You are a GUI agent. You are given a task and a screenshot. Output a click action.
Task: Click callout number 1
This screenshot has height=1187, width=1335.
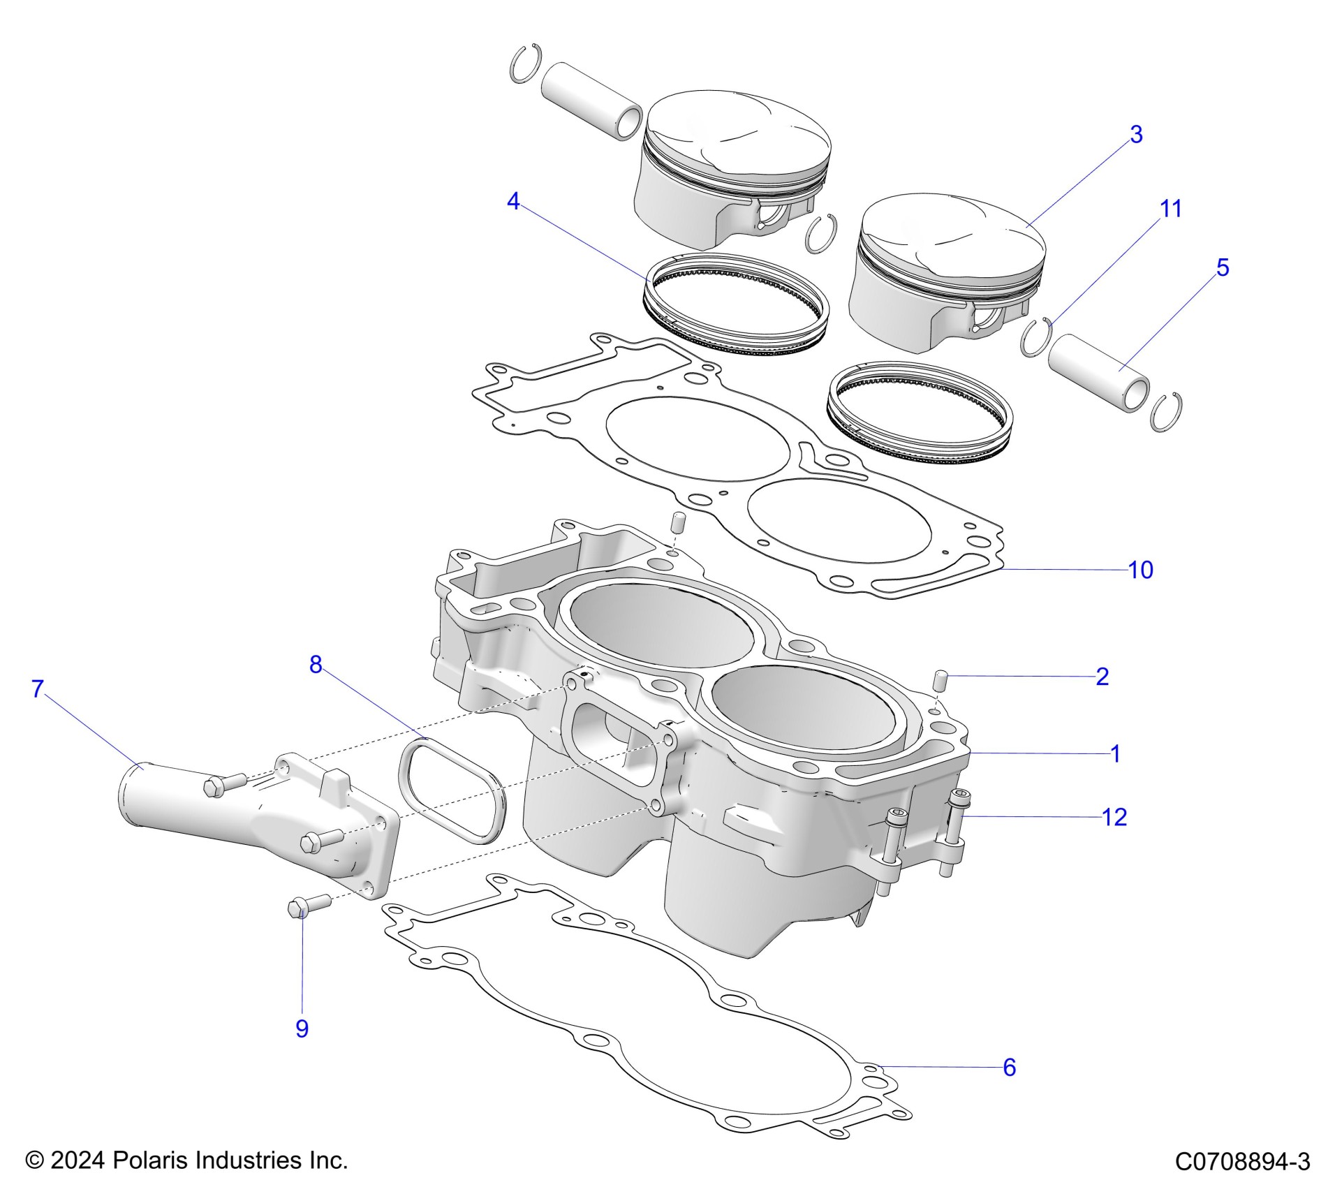click(1115, 754)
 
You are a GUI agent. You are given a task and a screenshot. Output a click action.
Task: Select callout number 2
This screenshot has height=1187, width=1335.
click(1102, 677)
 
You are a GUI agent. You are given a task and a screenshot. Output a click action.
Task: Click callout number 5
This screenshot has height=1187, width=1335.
click(1223, 267)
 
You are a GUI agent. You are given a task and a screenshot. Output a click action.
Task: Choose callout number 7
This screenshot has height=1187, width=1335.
click(38, 689)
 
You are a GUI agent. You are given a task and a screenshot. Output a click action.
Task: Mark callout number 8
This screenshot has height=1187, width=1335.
click(316, 665)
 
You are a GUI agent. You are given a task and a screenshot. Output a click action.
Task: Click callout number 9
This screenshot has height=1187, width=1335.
click(302, 1029)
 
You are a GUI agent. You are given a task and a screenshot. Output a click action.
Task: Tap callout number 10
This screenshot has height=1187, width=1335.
click(1140, 570)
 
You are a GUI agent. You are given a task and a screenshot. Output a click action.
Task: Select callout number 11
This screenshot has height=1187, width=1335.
click(1170, 209)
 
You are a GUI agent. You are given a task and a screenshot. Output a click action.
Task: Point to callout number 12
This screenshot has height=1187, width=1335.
click(1114, 817)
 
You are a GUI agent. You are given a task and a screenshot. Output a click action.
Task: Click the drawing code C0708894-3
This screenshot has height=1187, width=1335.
click(1242, 1161)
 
